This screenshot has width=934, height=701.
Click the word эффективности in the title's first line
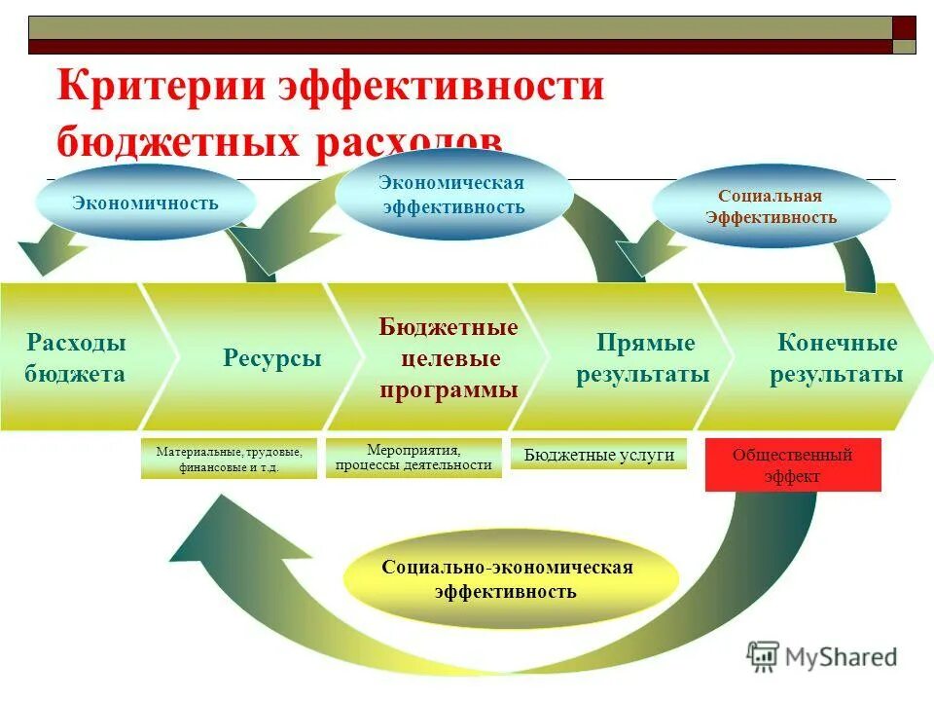point(442,86)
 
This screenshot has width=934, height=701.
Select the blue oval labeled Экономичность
point(146,203)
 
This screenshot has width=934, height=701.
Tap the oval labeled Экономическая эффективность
point(453,196)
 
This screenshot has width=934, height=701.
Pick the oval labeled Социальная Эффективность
point(771,206)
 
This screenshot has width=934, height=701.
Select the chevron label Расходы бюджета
point(76,358)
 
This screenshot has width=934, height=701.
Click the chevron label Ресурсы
point(272,358)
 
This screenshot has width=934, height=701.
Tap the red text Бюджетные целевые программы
point(449,358)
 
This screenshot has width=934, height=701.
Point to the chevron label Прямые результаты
point(642,358)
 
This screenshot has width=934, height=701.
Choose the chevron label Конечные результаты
point(836,358)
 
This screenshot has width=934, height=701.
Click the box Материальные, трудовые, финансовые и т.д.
point(229,459)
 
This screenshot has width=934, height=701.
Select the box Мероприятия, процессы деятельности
point(413,457)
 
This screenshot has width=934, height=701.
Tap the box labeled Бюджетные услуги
point(598,455)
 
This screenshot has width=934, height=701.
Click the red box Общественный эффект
point(792,465)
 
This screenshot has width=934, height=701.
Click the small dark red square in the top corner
point(904,27)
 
